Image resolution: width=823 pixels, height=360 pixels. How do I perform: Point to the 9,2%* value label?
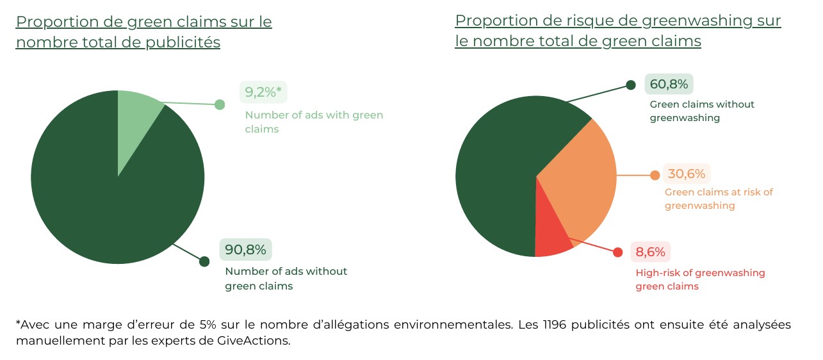(x=263, y=92)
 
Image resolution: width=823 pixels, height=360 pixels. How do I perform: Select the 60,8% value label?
(x=669, y=84)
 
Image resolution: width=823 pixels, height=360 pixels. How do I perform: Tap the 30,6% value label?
(x=687, y=174)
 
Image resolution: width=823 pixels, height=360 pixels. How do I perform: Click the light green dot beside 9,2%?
(x=220, y=104)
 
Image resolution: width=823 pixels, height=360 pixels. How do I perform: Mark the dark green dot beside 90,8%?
(x=204, y=261)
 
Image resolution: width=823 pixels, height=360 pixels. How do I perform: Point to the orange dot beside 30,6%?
(x=655, y=176)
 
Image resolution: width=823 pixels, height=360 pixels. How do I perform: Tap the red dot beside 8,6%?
(x=617, y=252)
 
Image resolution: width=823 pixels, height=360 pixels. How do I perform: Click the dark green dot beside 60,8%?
(x=631, y=85)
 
